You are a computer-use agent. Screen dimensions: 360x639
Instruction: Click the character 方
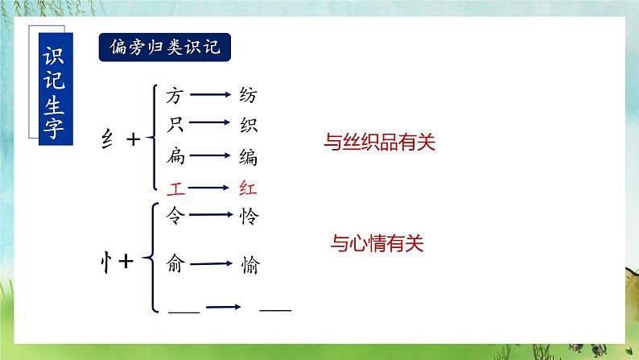175,96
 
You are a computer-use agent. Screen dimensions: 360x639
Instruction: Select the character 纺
249,96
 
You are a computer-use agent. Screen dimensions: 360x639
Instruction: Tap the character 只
175,126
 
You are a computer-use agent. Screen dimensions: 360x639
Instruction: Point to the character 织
249,126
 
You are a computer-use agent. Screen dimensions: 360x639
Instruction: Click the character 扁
175,156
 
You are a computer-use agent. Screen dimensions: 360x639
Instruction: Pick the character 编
249,156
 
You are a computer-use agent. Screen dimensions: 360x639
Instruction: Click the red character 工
175,188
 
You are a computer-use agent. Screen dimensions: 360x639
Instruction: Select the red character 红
249,188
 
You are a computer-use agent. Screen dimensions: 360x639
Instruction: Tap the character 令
175,215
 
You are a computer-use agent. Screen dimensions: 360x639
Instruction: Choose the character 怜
249,216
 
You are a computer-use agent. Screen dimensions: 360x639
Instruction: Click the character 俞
175,263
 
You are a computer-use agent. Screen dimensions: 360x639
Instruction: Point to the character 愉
249,263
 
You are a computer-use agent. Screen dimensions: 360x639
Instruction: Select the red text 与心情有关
377,241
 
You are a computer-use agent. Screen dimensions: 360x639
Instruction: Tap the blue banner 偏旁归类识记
165,48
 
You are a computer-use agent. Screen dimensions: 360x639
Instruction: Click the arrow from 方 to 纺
212,96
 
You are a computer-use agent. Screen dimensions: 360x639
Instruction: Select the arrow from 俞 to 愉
212,263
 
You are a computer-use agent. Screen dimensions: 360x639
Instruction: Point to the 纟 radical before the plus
105,139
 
